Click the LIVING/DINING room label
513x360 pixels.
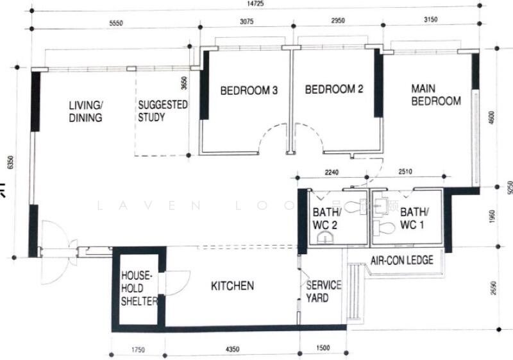[86, 110]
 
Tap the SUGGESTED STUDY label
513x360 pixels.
[163, 110]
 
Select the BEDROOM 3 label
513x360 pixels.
[249, 90]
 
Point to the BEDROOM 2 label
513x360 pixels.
[333, 89]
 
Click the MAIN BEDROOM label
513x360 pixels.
[436, 94]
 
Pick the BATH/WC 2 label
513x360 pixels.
[325, 219]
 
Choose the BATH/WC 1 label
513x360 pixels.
[413, 218]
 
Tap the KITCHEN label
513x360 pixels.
[232, 286]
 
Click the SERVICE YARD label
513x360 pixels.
[323, 291]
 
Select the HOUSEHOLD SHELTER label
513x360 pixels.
[139, 288]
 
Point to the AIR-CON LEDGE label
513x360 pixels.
[402, 261]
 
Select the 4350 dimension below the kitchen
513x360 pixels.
[232, 349]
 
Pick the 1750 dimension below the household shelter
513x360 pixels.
[137, 349]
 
